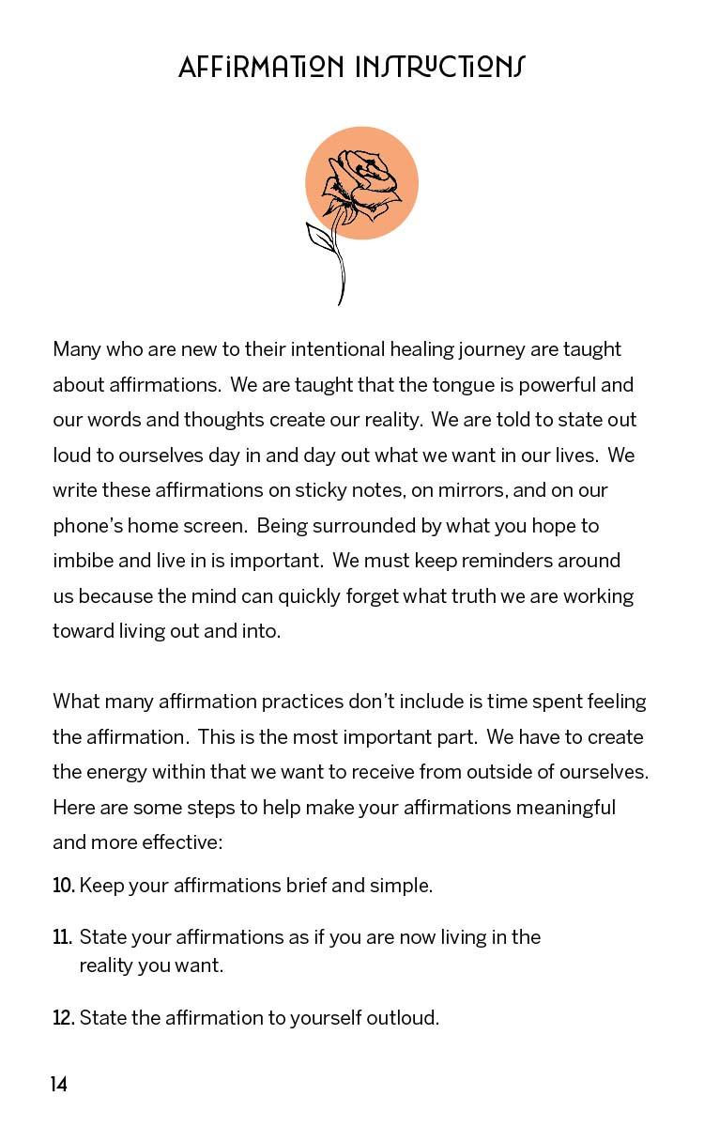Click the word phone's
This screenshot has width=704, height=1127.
coord(87,526)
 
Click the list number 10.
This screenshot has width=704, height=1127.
coord(63,886)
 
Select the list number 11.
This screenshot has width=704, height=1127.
coord(63,937)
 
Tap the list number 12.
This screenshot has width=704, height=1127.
coord(63,1018)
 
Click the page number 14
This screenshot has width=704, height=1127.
coord(59,1086)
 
